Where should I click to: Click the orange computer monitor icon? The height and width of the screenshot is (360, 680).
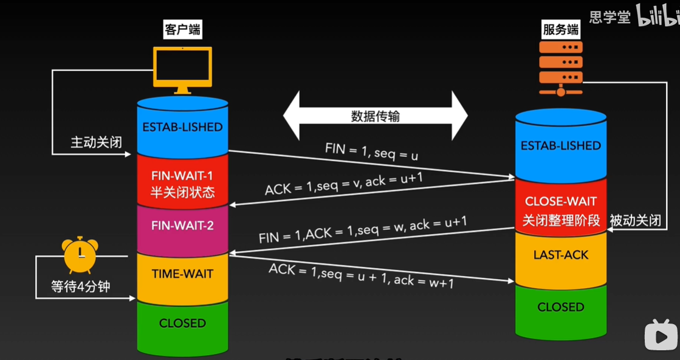182,68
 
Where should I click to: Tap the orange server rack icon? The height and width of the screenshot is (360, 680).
560,66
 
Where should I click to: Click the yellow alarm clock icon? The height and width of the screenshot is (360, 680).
80,255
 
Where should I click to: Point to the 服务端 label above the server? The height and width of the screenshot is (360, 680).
560,30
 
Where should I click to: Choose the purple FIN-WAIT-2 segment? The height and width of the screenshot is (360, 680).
182,226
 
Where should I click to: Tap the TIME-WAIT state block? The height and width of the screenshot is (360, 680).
182,274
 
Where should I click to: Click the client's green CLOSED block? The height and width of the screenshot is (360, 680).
182,323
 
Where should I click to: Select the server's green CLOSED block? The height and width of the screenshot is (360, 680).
560,307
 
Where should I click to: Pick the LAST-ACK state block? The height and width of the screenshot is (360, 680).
560,255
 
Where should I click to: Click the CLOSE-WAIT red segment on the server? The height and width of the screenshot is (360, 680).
560,210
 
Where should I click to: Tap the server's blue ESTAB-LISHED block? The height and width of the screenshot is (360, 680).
560,145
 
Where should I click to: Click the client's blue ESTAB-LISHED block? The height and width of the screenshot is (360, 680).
182,127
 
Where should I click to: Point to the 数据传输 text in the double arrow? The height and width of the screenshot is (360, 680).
376,117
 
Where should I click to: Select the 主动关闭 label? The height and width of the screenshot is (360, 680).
97,143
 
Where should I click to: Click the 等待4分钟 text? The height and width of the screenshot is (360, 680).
80,286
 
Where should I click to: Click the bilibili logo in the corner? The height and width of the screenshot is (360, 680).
656,16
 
